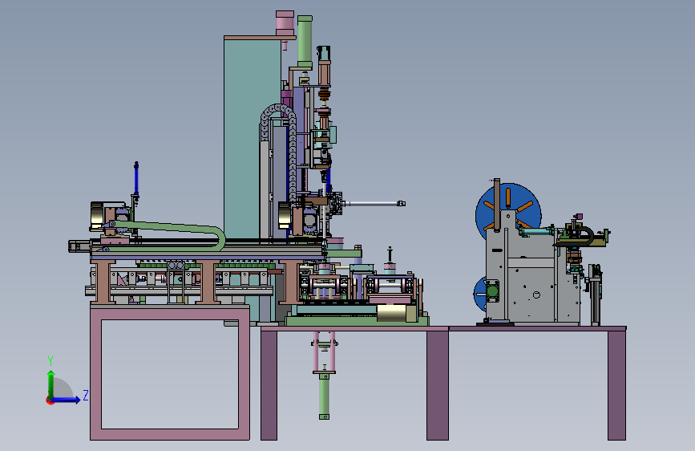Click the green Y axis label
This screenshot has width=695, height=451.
(x=51, y=360)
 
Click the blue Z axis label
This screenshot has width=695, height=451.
(x=86, y=395)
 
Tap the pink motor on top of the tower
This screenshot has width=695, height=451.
(x=285, y=23)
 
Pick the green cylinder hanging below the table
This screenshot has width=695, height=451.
(x=324, y=396)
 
